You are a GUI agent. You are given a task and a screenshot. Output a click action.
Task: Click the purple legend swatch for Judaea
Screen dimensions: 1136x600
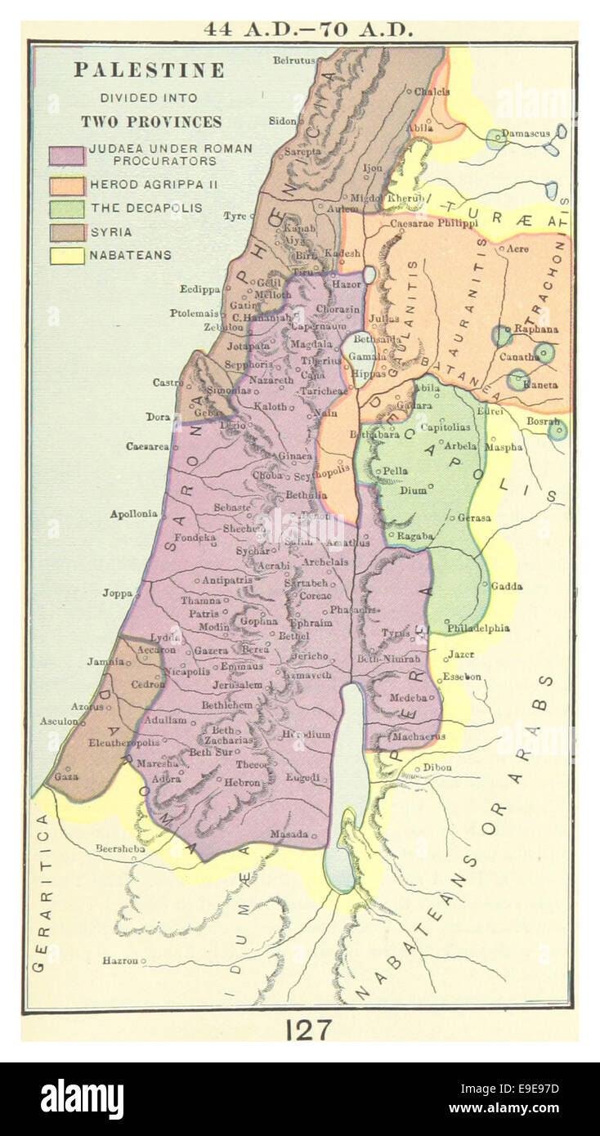coord(66,155)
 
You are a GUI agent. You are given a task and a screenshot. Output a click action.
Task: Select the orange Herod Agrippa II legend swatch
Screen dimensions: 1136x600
coord(66,185)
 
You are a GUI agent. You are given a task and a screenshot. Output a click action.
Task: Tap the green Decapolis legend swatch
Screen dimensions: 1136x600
coord(66,208)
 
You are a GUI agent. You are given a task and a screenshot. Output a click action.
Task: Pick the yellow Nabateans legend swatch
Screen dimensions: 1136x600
coord(66,256)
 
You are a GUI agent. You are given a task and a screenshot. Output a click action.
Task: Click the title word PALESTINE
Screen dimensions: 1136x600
coord(149,70)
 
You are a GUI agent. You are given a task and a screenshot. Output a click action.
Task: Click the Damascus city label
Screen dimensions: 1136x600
coord(526,132)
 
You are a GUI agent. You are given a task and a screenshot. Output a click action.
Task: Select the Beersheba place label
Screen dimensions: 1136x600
coord(120,848)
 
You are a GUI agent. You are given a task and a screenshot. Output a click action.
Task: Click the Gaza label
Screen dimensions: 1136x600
coord(66,776)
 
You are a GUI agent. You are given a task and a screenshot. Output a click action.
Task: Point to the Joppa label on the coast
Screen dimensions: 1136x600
coord(118,593)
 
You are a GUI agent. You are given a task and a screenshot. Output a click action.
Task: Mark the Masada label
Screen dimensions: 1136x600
coord(290,834)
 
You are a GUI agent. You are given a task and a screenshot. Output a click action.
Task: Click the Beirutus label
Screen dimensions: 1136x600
coord(293,60)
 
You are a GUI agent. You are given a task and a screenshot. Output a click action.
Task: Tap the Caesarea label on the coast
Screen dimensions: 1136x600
coord(147,446)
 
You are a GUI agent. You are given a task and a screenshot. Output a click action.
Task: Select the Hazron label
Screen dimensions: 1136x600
coord(120,960)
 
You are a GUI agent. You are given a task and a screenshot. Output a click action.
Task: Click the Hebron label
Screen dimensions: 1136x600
coord(243,782)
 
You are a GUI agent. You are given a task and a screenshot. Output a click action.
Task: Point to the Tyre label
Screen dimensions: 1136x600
coord(235,216)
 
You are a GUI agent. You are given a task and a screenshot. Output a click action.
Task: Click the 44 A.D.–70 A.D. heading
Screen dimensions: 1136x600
coord(308,29)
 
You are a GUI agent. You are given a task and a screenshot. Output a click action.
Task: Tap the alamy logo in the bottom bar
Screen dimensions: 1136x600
coord(82,1099)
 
